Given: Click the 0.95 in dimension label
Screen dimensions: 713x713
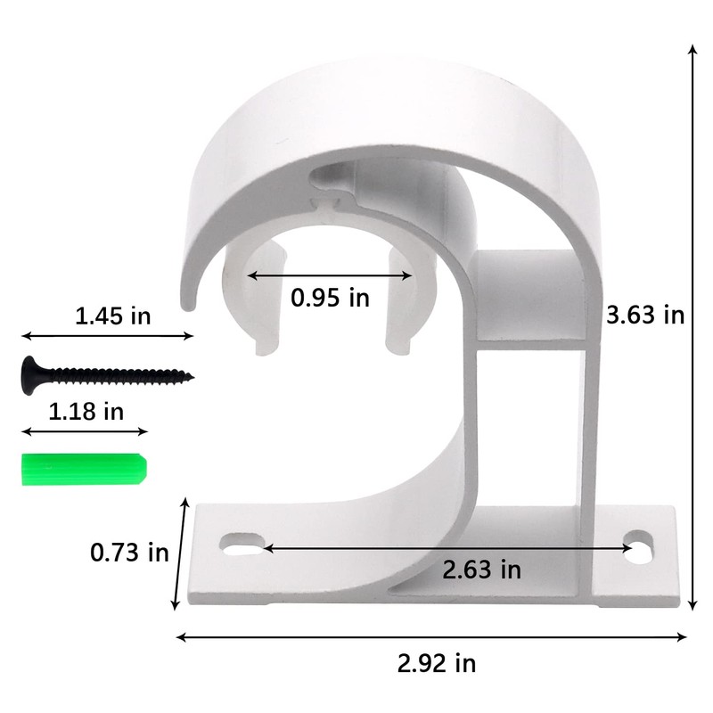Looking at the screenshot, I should tap(330, 298).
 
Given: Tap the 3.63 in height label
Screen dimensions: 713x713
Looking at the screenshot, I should tap(644, 315).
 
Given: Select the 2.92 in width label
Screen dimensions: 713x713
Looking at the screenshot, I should tap(437, 663).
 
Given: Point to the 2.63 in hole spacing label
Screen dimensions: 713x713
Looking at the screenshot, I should tap(482, 568).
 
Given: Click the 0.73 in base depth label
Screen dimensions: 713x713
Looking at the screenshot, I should tap(129, 553).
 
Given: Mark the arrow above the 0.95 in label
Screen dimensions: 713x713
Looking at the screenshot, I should tap(330, 276).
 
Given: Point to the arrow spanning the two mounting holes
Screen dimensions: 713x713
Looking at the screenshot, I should tap(446, 547).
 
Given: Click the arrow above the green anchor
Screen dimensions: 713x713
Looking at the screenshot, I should tap(84, 431).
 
